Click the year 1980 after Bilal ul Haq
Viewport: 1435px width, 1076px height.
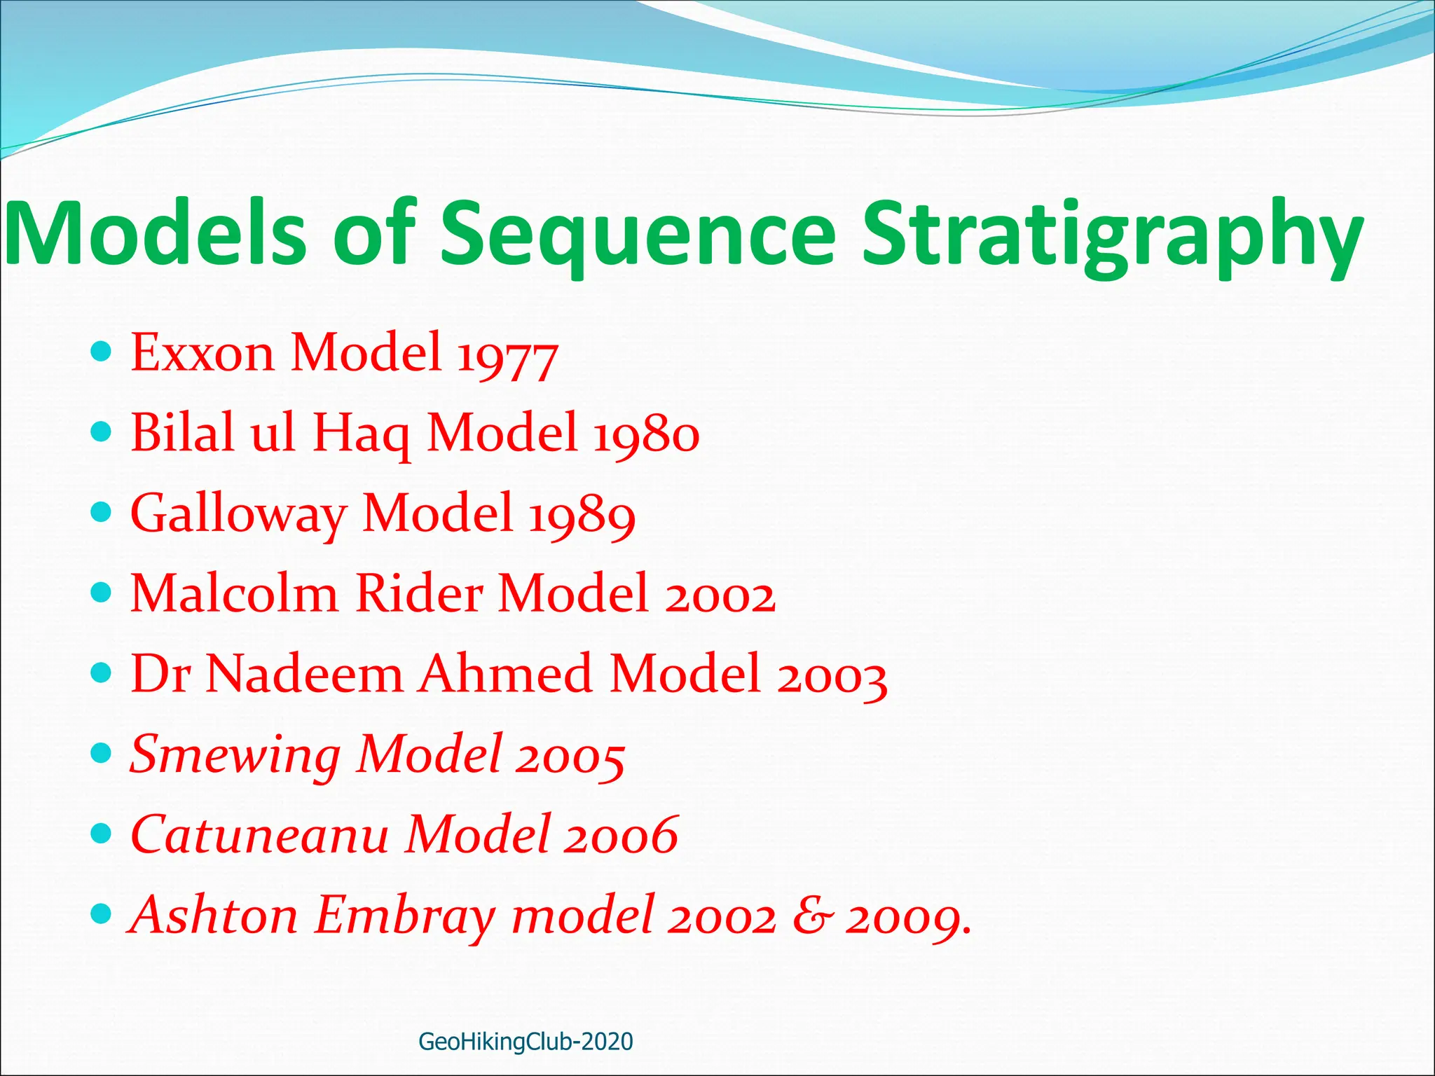(646, 434)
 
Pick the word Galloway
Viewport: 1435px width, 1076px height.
(238, 515)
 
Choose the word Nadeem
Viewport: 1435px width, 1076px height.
(305, 675)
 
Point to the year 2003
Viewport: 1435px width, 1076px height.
(832, 677)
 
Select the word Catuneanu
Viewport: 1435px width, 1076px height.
(259, 835)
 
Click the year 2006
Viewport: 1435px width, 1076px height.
(621, 836)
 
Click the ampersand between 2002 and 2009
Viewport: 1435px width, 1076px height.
(813, 916)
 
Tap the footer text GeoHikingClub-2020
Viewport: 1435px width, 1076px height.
(526, 1042)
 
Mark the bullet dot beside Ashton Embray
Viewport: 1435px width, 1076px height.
(102, 913)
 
